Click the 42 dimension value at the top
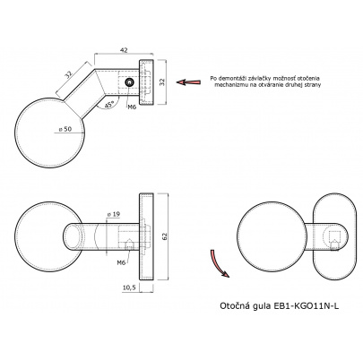(x=124, y=50)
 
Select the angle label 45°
(x=109, y=104)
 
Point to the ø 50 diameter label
(x=65, y=129)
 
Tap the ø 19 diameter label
(x=114, y=214)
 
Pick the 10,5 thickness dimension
(x=129, y=287)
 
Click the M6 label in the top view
(x=132, y=107)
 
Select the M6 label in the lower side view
(x=121, y=262)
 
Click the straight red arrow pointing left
(x=188, y=82)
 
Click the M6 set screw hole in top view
(x=130, y=83)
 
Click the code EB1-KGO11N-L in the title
(x=307, y=306)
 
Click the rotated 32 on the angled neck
(x=69, y=74)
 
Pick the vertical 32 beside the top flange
(x=162, y=82)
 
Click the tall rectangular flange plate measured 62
(x=146, y=236)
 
